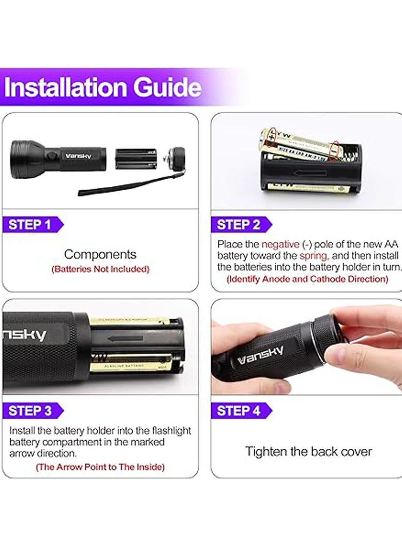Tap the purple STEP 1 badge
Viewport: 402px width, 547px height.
click(x=31, y=225)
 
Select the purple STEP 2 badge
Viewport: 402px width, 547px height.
click(x=239, y=225)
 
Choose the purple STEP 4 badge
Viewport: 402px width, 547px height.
click(x=239, y=411)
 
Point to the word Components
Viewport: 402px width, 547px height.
click(x=100, y=254)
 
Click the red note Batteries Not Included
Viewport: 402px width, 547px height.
click(x=100, y=269)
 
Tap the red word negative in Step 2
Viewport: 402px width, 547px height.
click(x=280, y=244)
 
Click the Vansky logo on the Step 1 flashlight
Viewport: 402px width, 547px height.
click(x=78, y=155)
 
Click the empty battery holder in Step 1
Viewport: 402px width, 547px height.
click(x=136, y=159)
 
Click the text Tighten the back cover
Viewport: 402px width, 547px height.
click(x=308, y=451)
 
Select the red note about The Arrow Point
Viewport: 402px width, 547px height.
click(x=100, y=467)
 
